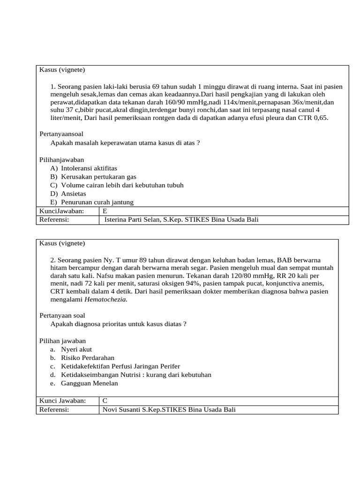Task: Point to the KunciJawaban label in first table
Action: pos(61,211)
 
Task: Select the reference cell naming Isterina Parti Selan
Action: pos(181,219)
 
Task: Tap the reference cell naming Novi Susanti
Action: pos(169,410)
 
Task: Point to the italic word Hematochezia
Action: pos(105,300)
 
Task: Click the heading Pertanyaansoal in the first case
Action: pos(61,134)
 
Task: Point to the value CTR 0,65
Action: pos(314,118)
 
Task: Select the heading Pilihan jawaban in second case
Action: pos(62,341)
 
